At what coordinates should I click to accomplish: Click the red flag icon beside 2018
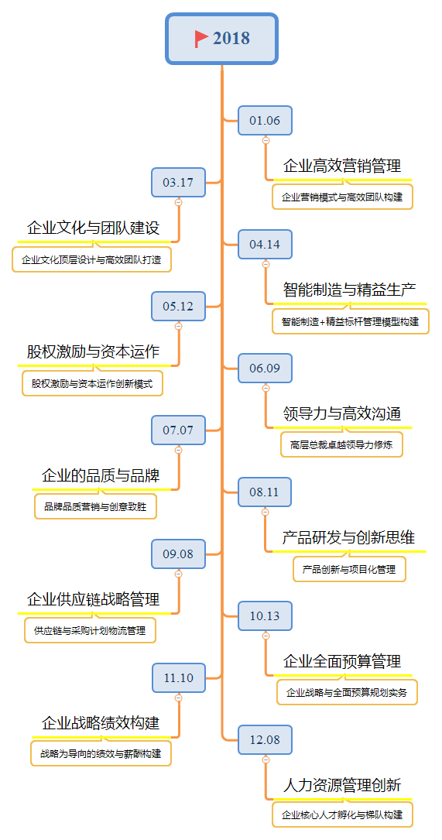(201, 39)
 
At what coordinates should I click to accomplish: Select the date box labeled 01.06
(266, 121)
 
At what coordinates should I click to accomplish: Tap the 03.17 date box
(178, 182)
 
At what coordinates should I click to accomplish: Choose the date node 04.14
(266, 245)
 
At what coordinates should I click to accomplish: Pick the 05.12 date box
(178, 307)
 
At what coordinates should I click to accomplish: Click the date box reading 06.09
(266, 368)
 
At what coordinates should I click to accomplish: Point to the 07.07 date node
(178, 430)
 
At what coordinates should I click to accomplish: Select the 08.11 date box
(266, 492)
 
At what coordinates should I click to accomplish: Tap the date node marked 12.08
(266, 740)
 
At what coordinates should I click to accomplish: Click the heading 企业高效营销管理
(342, 166)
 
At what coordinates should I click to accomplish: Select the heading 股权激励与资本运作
(93, 352)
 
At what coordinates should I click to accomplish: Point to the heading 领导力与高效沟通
(342, 413)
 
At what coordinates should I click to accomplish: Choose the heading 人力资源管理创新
(342, 785)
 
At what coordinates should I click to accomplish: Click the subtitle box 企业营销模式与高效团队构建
(342, 197)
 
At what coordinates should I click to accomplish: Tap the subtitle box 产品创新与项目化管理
(349, 569)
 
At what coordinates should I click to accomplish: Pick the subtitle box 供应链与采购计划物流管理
(90, 630)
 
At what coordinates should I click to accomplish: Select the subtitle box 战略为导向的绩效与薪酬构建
(101, 754)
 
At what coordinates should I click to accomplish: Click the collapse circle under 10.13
(266, 636)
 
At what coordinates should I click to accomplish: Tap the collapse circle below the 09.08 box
(178, 574)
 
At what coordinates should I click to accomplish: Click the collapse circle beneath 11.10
(178, 698)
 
